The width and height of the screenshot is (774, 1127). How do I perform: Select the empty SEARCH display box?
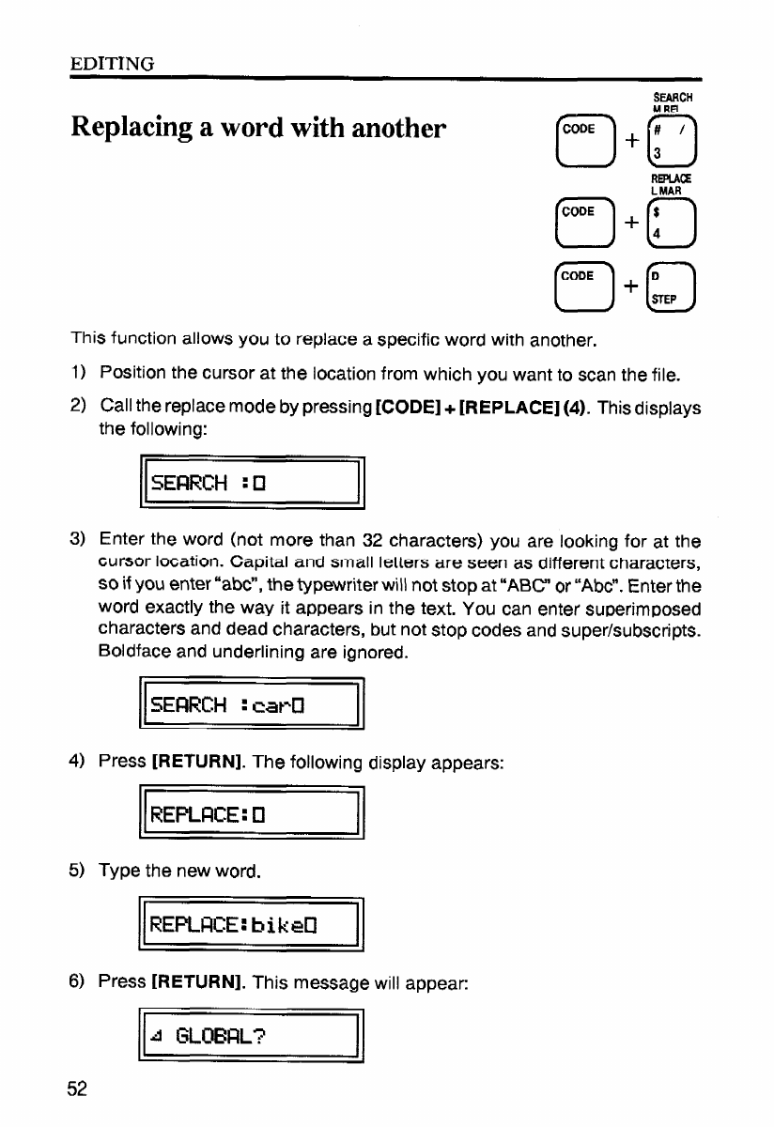(251, 484)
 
